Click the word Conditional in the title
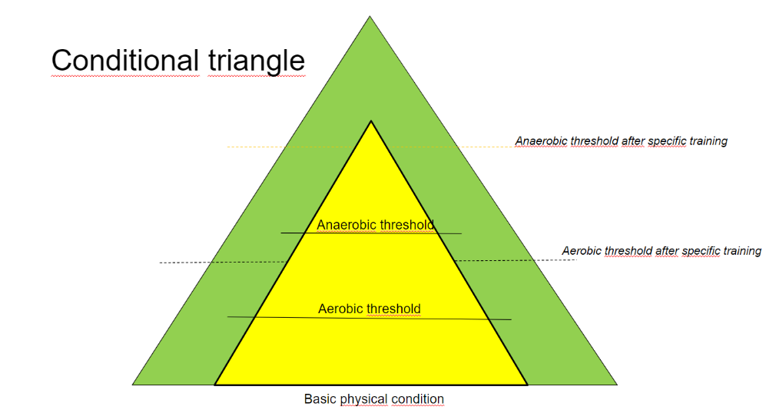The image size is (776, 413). pos(125,61)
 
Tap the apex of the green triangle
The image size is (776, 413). pos(370,16)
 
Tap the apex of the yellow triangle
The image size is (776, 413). pos(371,121)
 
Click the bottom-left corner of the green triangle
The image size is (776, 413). pos(133,385)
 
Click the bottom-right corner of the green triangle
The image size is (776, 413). pos(617,385)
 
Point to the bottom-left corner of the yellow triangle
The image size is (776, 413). pos(215,385)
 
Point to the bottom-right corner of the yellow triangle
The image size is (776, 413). pos(527,385)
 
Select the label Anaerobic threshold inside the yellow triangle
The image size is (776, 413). pos(375,225)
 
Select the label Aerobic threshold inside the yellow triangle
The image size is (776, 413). pos(370,309)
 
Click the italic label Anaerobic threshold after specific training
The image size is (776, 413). pos(621,141)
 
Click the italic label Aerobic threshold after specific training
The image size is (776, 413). pos(662,251)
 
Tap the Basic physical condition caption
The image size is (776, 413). pos(373,399)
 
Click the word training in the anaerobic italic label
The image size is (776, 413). pos(708,141)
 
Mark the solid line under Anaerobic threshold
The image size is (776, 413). pos(371,233)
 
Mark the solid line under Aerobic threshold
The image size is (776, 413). pos(370,318)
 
